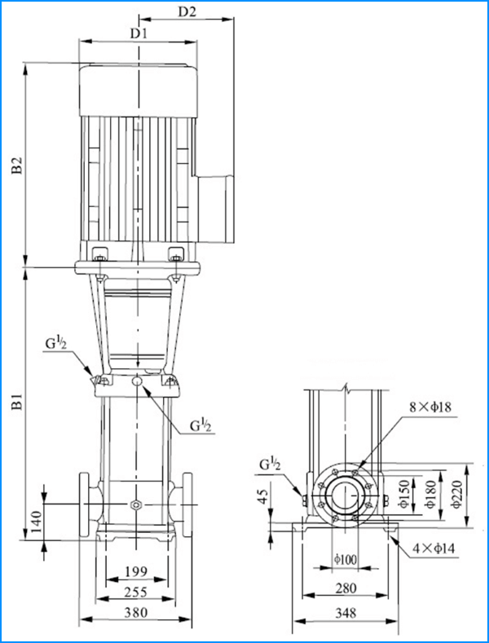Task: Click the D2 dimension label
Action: click(x=187, y=12)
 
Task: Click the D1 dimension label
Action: click(x=138, y=34)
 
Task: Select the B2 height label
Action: click(x=15, y=166)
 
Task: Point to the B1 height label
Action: click(x=15, y=403)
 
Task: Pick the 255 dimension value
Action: click(x=136, y=591)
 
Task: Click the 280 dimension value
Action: click(x=347, y=588)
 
